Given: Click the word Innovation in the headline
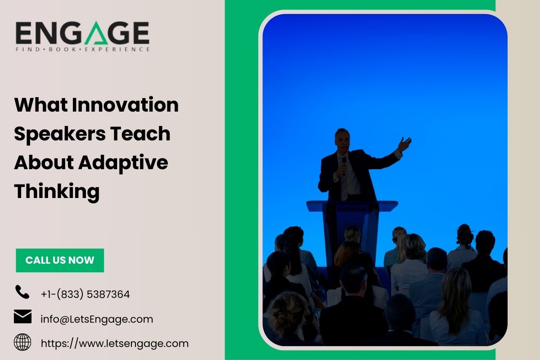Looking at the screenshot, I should [x=126, y=105].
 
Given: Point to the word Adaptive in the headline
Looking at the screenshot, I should [x=123, y=162].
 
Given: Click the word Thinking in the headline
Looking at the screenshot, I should [x=57, y=191].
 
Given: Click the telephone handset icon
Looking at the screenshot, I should [x=22, y=292].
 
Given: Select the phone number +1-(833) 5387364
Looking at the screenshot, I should [x=85, y=295].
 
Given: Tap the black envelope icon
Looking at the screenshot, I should [x=22, y=317].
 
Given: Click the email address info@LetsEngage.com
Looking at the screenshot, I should [x=97, y=319].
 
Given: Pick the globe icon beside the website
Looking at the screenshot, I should [x=22, y=342].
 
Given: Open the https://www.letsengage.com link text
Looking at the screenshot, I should [x=115, y=344].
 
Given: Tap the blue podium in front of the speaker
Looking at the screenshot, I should [x=352, y=220].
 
